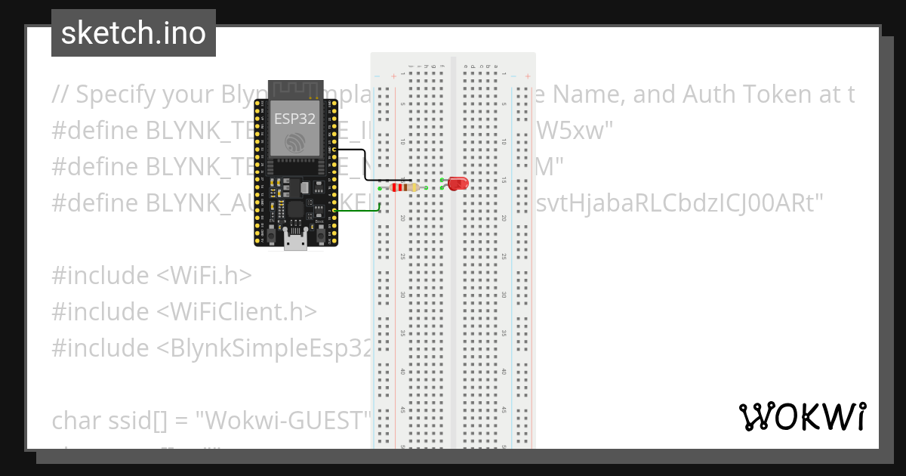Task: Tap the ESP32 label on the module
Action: point(296,116)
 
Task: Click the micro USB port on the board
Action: point(296,241)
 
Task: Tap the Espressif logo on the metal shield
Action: point(296,142)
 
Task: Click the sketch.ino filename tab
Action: point(134,33)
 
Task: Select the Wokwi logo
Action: point(803,416)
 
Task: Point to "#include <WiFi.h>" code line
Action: point(151,276)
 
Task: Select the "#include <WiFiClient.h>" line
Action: point(184,311)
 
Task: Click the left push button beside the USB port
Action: point(270,236)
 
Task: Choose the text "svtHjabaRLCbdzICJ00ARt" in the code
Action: point(676,203)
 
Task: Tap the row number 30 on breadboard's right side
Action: point(504,295)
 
